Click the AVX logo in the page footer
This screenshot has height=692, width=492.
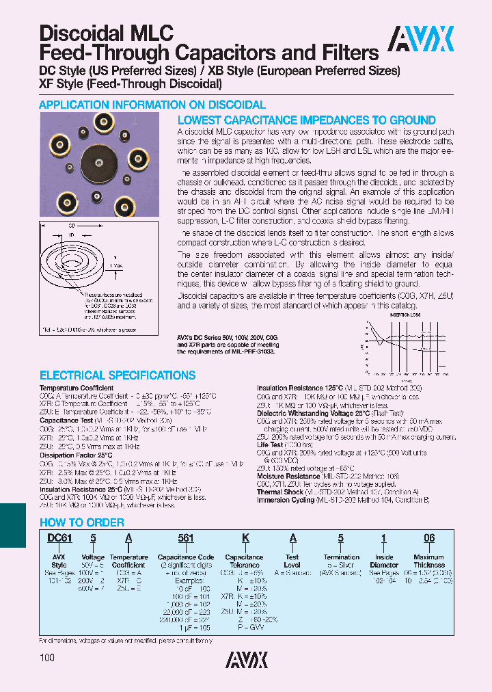click(247, 658)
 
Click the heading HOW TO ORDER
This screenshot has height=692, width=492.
click(81, 522)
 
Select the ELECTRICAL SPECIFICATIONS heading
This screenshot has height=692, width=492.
click(118, 375)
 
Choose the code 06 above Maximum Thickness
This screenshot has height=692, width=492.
click(429, 539)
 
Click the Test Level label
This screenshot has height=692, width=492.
click(292, 561)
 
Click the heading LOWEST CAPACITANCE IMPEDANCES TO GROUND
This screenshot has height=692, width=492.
click(306, 120)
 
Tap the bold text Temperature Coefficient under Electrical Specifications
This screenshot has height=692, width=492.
click(77, 388)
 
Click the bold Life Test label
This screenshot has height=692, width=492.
click(271, 444)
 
